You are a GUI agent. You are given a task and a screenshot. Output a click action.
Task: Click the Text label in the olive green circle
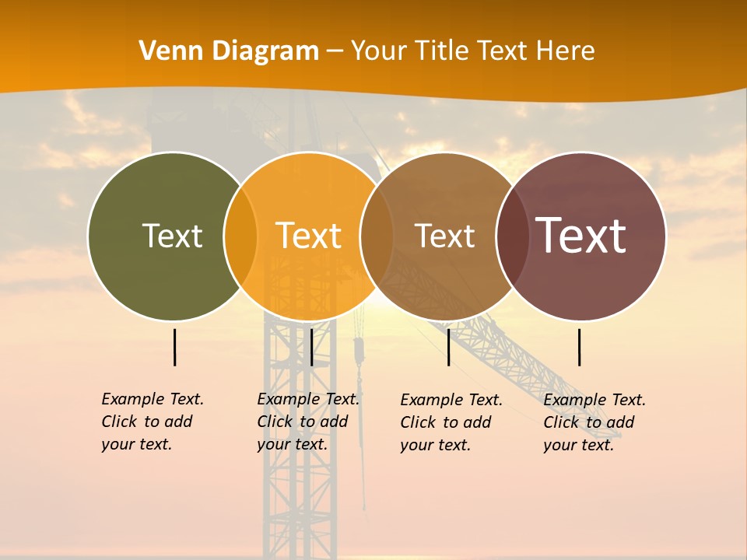[x=172, y=236]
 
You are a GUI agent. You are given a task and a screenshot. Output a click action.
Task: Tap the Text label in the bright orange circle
[x=308, y=236]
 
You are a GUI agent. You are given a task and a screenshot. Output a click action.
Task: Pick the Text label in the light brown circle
[x=444, y=236]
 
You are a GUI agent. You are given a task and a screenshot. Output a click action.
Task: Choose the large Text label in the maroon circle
[x=580, y=236]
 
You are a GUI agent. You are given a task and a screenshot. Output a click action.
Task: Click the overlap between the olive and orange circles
[x=240, y=236]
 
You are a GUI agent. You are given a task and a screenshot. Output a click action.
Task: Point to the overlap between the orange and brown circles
[x=377, y=236]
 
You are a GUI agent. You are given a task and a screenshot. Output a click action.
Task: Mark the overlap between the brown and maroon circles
[x=512, y=236]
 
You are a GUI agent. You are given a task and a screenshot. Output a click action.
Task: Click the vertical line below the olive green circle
[x=174, y=347]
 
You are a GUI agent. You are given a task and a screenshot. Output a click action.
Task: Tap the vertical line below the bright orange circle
[x=311, y=347]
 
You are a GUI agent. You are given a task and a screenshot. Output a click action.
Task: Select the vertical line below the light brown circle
[x=448, y=347]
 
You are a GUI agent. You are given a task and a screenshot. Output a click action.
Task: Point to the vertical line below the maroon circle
[x=579, y=347]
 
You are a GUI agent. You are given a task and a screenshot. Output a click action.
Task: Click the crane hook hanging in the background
[x=359, y=350]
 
